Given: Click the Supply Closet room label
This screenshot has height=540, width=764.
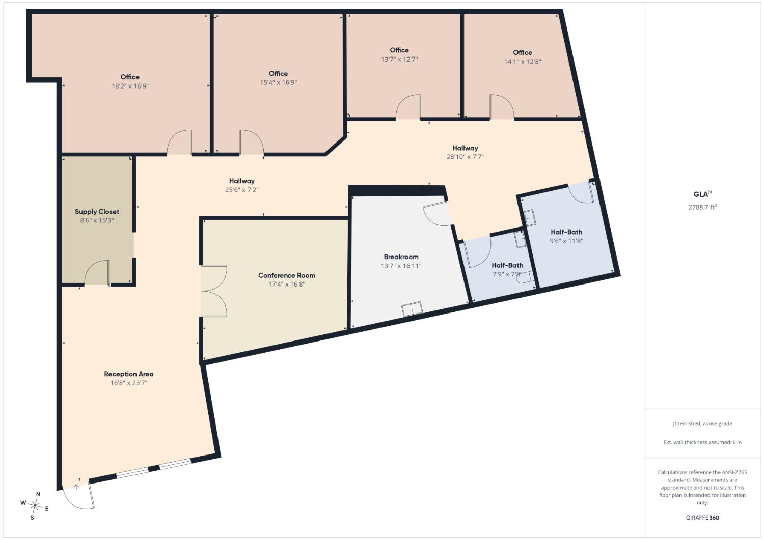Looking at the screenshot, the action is [97, 212].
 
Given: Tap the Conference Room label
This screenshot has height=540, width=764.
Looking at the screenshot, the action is [286, 275].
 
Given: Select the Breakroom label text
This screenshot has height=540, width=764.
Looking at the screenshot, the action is [401, 257].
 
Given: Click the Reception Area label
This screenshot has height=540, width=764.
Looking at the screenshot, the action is [128, 374].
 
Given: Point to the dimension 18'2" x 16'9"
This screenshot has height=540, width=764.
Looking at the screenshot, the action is [130, 86].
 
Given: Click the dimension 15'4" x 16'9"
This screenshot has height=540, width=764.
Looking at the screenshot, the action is [278, 82].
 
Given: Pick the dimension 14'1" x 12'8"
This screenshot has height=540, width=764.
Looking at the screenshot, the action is [523, 62].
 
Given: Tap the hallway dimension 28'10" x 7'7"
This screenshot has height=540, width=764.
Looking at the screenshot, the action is [465, 157].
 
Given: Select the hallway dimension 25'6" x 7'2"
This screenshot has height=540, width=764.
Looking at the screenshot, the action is [242, 190].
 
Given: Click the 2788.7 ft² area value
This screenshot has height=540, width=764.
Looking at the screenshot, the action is [702, 207].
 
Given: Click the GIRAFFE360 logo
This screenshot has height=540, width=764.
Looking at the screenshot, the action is [702, 518].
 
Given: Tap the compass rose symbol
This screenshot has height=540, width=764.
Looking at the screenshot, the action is [35, 505].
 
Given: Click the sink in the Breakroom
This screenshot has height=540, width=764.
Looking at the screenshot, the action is [412, 309].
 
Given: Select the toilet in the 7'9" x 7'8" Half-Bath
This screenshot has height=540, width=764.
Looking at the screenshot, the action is [525, 277].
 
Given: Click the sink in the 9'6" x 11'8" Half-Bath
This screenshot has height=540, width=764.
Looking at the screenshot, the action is [530, 218].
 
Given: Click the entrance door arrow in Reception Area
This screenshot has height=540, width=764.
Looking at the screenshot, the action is [76, 487].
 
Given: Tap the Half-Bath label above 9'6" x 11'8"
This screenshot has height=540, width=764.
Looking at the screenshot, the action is [566, 232].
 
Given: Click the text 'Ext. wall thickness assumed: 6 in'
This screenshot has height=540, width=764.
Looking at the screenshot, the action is [702, 442].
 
